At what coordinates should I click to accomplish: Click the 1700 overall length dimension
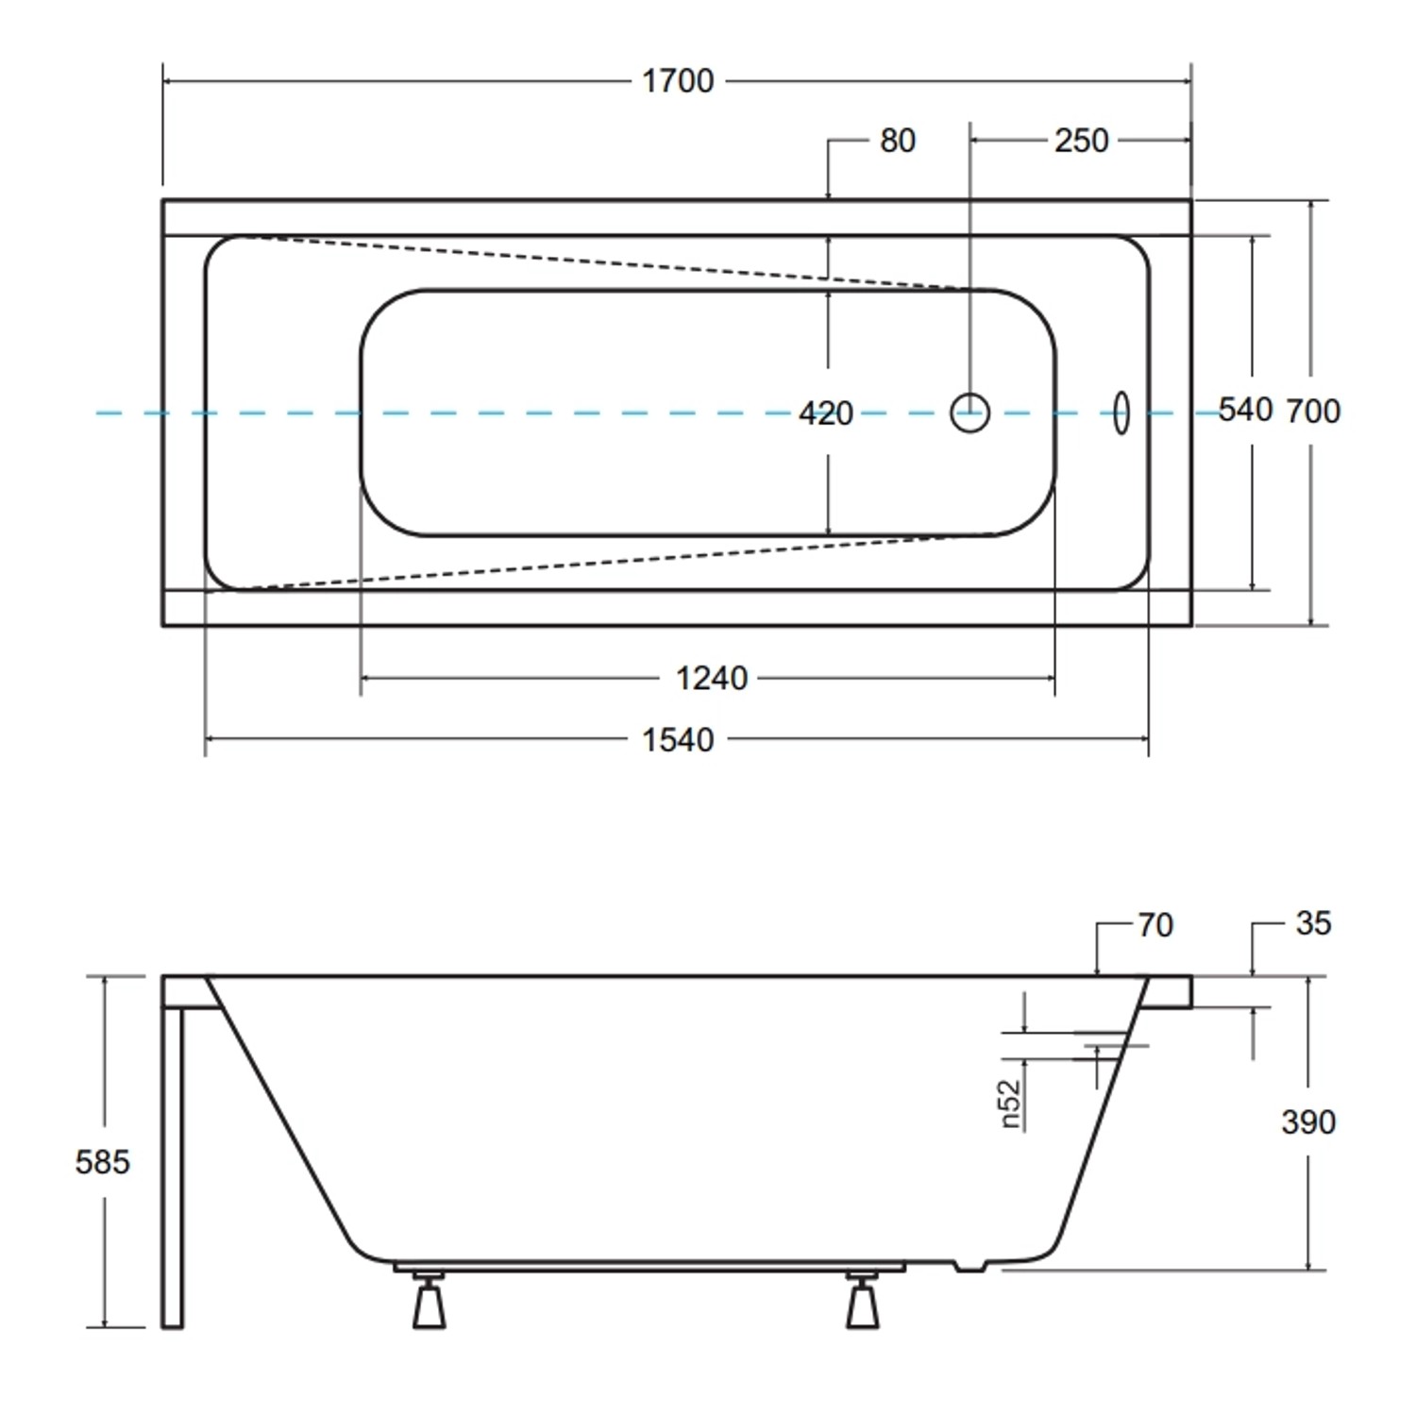pos(678,81)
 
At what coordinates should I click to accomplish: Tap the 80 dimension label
pos(897,141)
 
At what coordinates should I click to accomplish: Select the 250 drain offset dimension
pos(1081,141)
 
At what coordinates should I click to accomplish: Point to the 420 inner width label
pos(826,413)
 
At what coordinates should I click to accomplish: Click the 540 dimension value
pos(1245,410)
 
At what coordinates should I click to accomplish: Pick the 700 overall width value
pos(1313,411)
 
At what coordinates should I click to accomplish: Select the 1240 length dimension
pos(711,678)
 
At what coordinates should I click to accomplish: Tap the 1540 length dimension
pos(678,740)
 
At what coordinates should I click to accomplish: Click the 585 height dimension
pos(102,1162)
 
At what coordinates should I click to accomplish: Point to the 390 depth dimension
pos(1308,1122)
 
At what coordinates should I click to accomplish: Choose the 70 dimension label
pos(1155,925)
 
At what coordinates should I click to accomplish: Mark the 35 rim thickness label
pos(1313,923)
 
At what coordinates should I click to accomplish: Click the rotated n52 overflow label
pos(1010,1104)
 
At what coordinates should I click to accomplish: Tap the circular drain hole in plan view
pos(969,413)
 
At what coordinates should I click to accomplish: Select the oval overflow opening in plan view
pos(1121,413)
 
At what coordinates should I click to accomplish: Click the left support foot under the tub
pos(430,1303)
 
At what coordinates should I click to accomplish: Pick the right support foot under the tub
pos(862,1303)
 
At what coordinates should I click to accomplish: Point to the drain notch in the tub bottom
pos(969,1266)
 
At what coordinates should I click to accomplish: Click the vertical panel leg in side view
pos(172,1166)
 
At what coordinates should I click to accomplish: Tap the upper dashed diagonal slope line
pos(604,262)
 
